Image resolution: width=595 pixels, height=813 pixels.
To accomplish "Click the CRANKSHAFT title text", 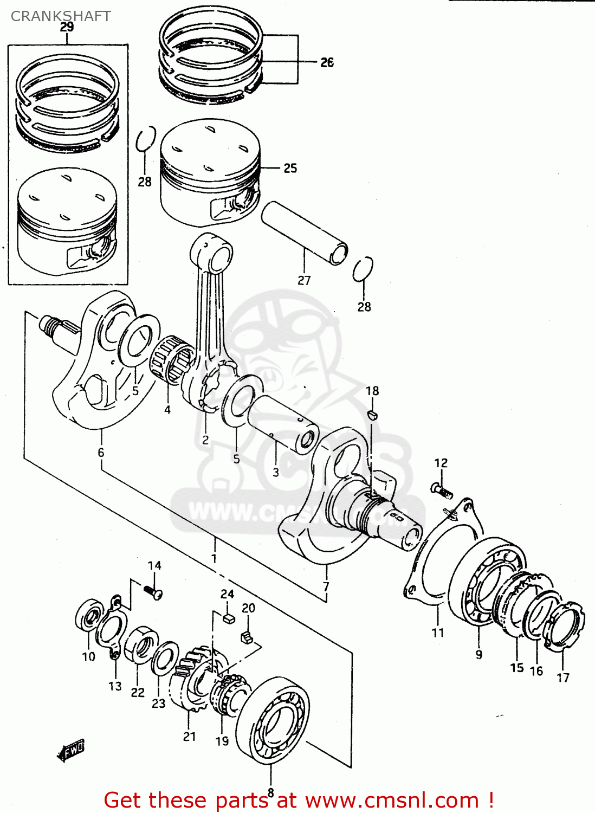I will [61, 16].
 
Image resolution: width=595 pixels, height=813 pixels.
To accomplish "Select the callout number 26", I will [327, 62].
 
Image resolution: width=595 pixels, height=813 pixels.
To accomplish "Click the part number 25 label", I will [290, 168].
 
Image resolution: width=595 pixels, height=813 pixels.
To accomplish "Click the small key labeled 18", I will [372, 415].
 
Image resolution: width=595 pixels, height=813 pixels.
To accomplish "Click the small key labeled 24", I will [228, 617].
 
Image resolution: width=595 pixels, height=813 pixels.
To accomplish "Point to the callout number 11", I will [438, 632].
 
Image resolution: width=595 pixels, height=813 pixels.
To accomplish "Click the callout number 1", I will [214, 558].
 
